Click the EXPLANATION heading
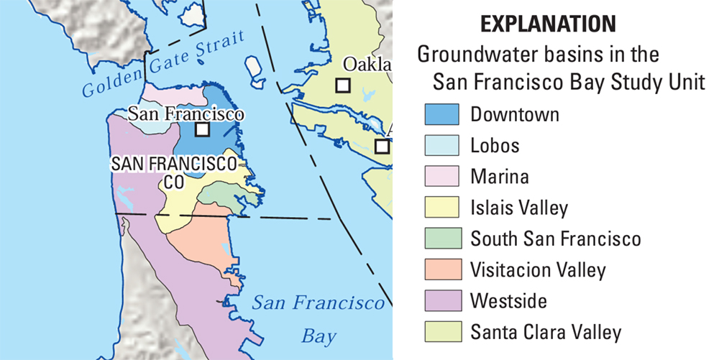[x=548, y=24]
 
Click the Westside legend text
[x=508, y=301]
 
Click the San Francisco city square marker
[x=203, y=129]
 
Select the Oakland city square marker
[x=344, y=86]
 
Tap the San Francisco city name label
[x=186, y=114]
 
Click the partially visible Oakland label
[x=367, y=65]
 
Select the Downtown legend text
[x=515, y=114]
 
